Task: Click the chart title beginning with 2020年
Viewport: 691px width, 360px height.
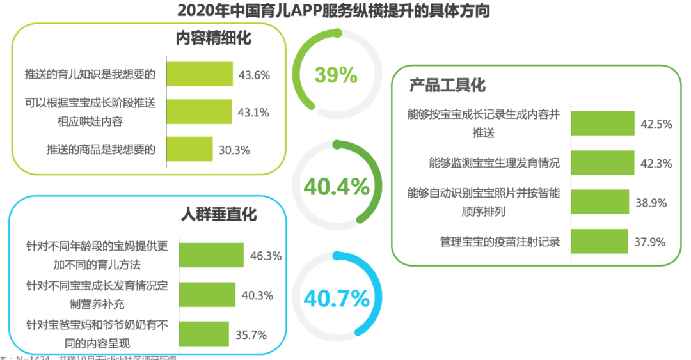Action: [333, 11]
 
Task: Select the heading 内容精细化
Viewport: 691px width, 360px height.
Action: [214, 38]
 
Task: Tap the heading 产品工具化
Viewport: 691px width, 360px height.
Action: [447, 85]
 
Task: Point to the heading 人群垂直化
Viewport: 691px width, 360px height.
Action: [218, 213]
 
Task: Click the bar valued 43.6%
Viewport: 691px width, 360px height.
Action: [200, 74]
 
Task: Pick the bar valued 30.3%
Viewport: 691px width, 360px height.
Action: [189, 149]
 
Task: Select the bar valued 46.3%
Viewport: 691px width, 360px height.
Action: [212, 255]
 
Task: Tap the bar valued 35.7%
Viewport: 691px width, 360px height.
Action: [204, 333]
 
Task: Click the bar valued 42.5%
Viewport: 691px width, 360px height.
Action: [602, 123]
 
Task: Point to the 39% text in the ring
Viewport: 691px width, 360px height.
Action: [336, 75]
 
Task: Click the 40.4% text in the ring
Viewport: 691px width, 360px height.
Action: [336, 187]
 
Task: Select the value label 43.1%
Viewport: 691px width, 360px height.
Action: [254, 112]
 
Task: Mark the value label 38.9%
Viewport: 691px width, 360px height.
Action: [652, 203]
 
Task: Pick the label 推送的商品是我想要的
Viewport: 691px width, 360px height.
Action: [101, 150]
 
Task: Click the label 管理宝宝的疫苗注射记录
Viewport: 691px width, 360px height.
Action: [500, 242]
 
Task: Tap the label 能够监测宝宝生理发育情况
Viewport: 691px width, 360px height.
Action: [495, 163]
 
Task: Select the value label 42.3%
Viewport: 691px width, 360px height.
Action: [656, 164]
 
